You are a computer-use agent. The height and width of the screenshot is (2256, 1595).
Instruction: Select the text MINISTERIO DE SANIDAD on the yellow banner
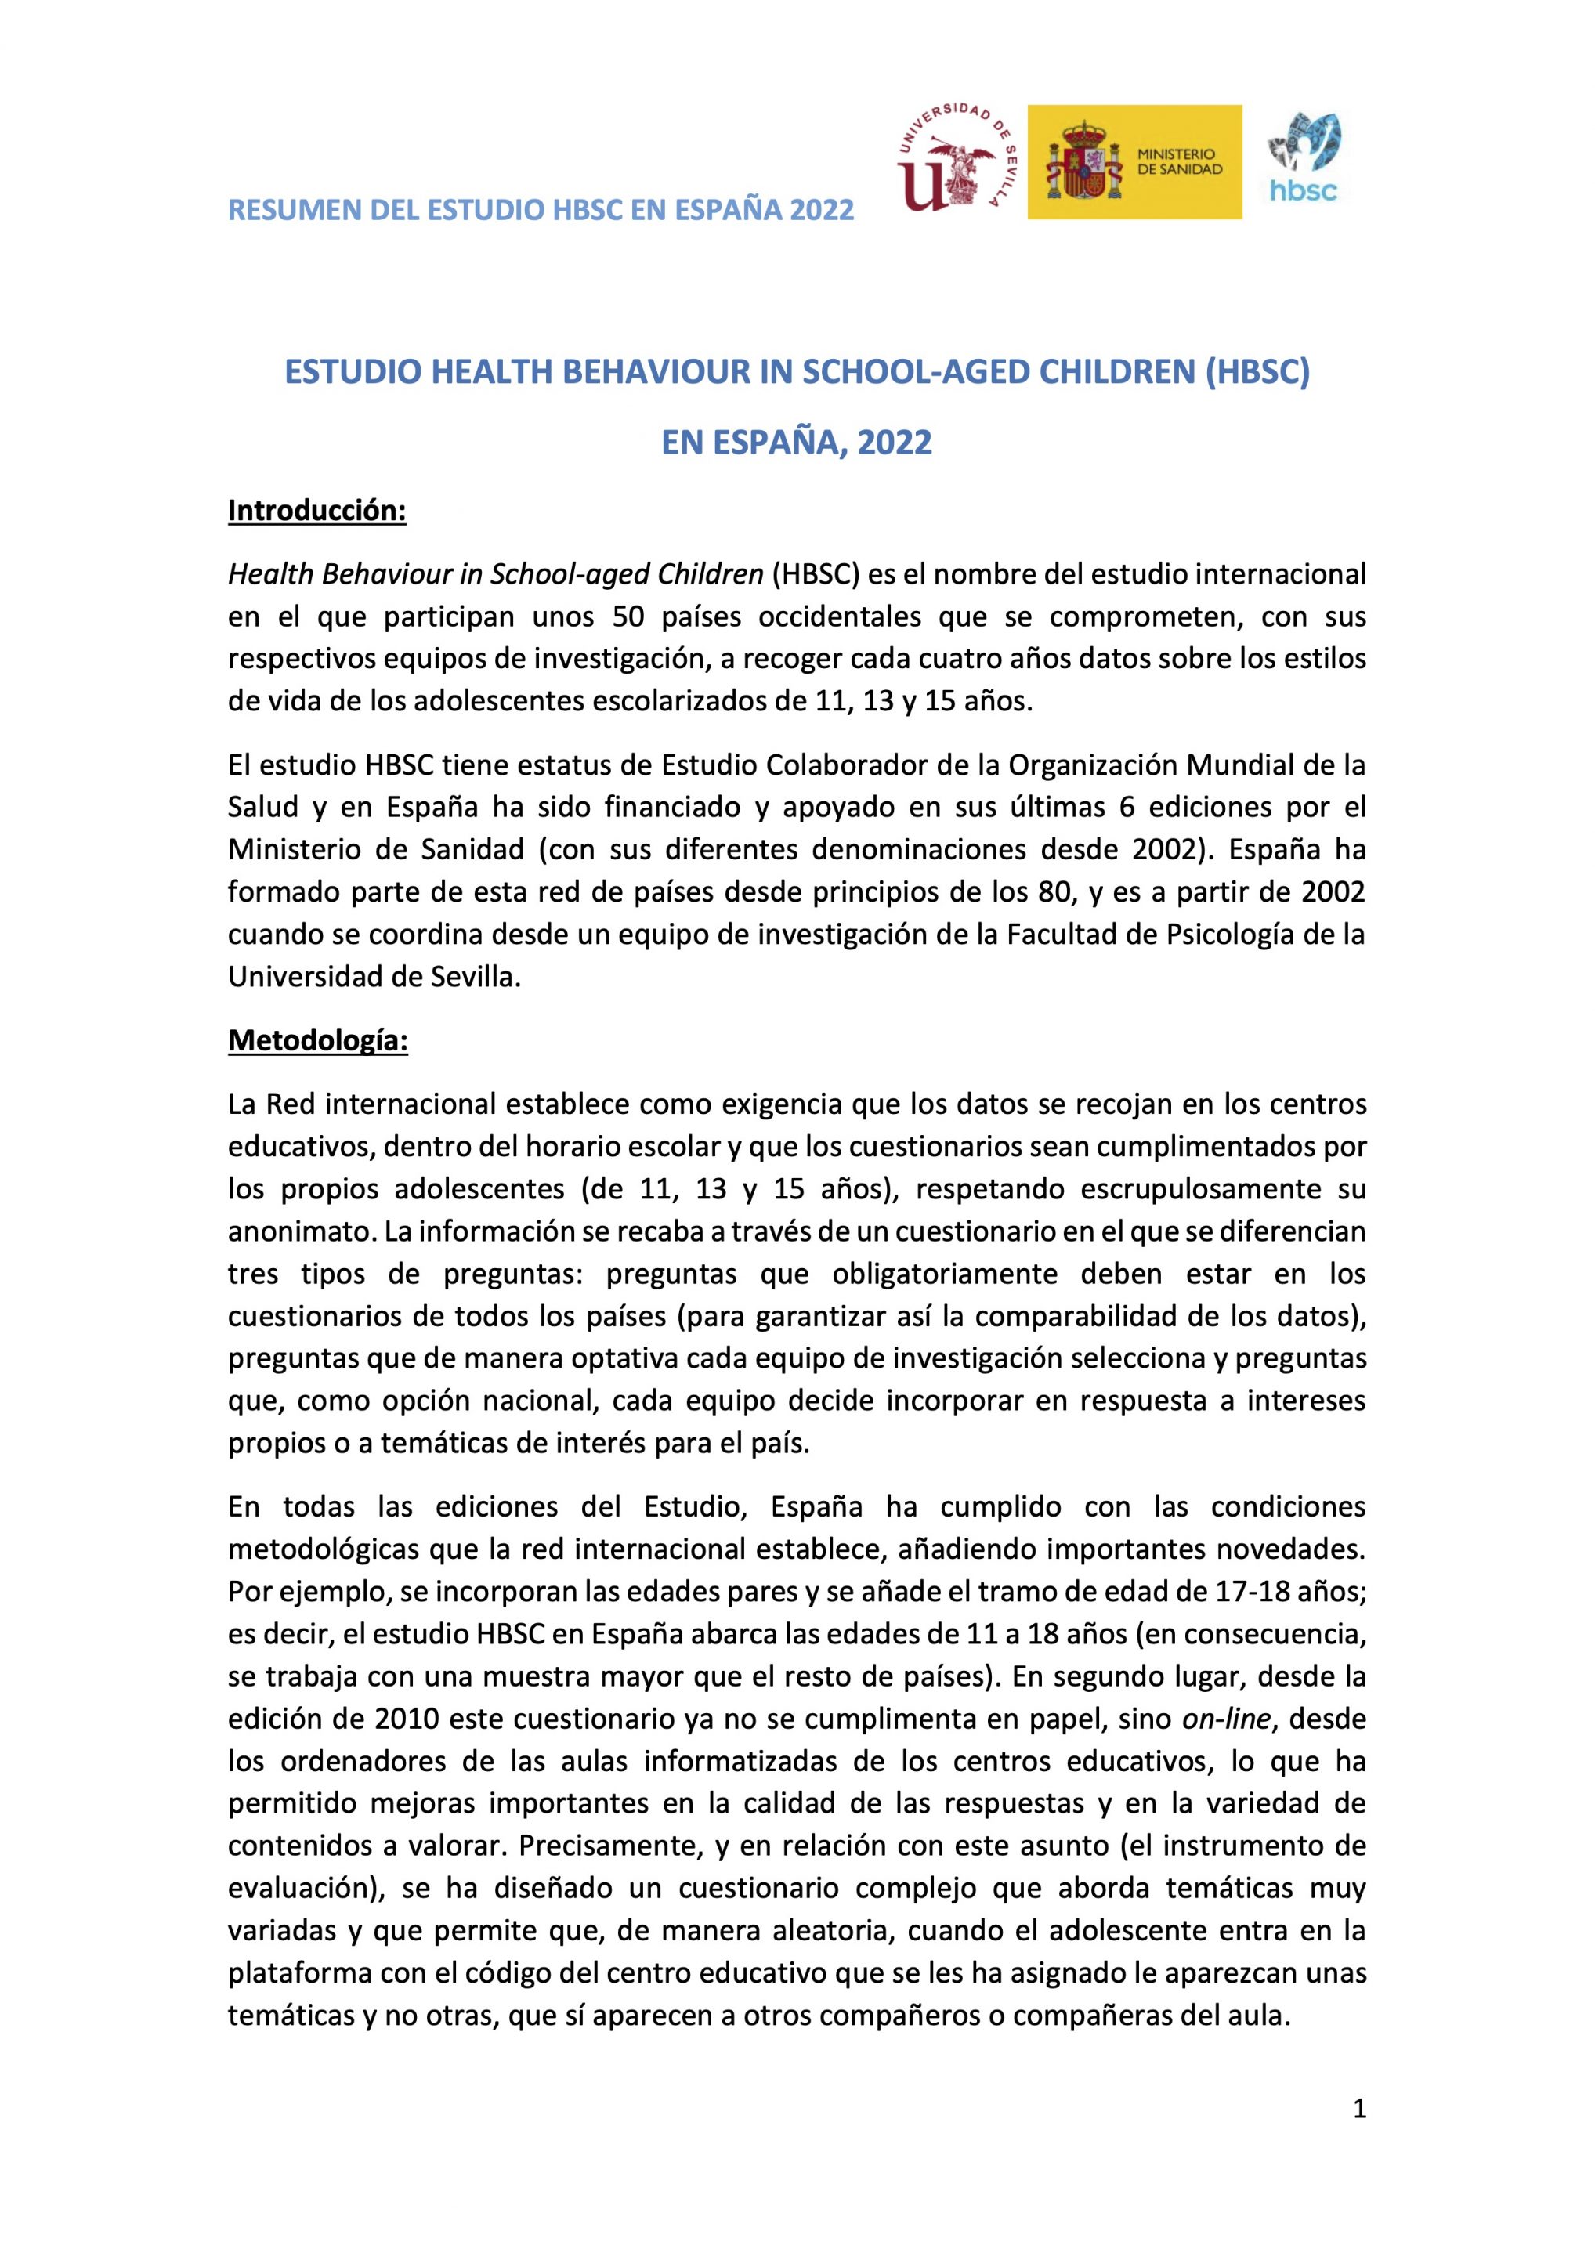(x=1178, y=162)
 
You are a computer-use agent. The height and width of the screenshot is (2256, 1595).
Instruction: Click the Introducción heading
(x=316, y=511)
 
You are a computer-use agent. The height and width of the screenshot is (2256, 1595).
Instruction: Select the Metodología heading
(x=317, y=1040)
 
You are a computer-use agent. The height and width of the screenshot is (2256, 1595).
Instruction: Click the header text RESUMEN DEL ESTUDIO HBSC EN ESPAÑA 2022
(x=541, y=209)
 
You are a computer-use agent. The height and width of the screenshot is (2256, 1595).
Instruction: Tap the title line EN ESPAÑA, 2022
(x=796, y=443)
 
